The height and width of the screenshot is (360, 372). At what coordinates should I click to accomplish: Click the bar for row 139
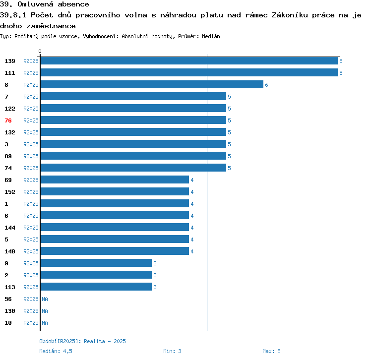pyautogui.click(x=188, y=61)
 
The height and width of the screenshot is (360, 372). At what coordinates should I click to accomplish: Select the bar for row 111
pyautogui.click(x=188, y=73)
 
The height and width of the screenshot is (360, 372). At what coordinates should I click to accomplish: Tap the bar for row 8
pyautogui.click(x=151, y=85)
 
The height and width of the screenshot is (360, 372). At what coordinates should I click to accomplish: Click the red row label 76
pyautogui.click(x=8, y=120)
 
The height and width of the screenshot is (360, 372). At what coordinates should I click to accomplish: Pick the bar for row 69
pyautogui.click(x=114, y=180)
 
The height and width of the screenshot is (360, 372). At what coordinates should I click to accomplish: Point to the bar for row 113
pyautogui.click(x=96, y=287)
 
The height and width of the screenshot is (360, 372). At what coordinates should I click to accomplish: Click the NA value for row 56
pyautogui.click(x=45, y=299)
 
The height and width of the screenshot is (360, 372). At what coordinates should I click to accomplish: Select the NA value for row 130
pyautogui.click(x=45, y=311)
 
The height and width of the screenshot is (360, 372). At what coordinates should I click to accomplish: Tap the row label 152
pyautogui.click(x=10, y=192)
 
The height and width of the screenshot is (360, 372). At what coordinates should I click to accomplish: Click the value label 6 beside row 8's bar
pyautogui.click(x=266, y=85)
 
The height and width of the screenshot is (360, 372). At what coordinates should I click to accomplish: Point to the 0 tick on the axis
pyautogui.click(x=40, y=51)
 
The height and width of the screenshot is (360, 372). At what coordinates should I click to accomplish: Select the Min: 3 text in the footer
pyautogui.click(x=172, y=351)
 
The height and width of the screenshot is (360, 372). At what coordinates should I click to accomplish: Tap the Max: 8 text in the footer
pyautogui.click(x=271, y=351)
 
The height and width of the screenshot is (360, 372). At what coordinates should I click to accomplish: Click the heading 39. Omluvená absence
pyautogui.click(x=45, y=4)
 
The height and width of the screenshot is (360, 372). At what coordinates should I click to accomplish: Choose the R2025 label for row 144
pyautogui.click(x=31, y=228)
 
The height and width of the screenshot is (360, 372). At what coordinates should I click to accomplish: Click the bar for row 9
pyautogui.click(x=96, y=263)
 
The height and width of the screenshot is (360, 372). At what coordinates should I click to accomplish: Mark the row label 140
pyautogui.click(x=10, y=251)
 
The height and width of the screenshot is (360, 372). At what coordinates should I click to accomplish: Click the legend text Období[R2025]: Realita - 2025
pyautogui.click(x=82, y=341)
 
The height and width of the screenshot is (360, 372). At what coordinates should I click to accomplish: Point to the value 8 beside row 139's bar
pyautogui.click(x=341, y=61)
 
